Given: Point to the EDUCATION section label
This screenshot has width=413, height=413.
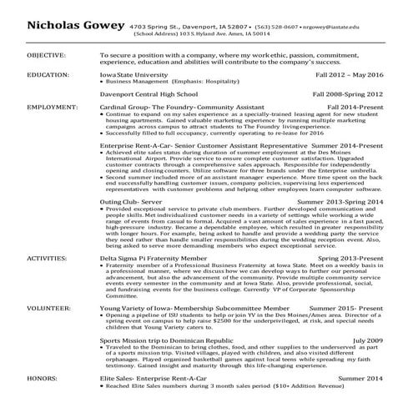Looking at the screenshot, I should (x=48, y=74).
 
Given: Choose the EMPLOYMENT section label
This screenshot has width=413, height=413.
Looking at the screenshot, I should (x=51, y=108).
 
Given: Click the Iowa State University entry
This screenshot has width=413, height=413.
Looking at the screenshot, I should (x=133, y=74).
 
